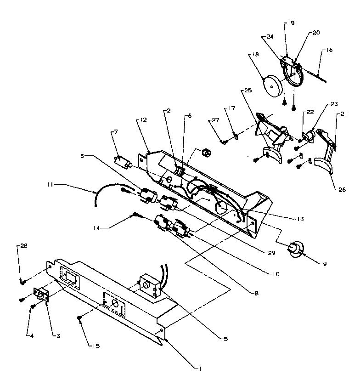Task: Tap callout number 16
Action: (x=330, y=50)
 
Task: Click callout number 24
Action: (x=270, y=37)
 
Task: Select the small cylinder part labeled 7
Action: (x=122, y=162)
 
